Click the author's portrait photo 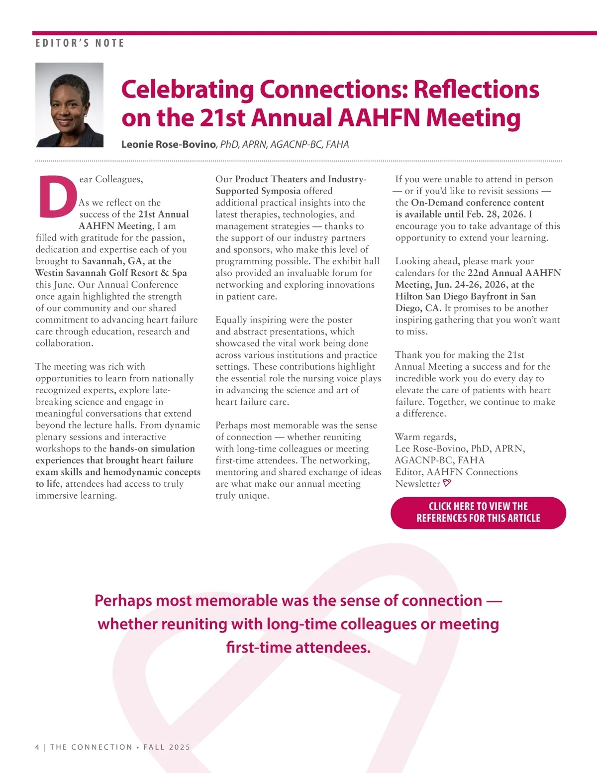pos(70,105)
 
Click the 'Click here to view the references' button pos(478,513)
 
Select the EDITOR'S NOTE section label pos(80,43)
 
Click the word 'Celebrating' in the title pos(188,90)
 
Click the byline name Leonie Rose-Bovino pos(169,145)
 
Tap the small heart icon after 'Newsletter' pos(447,483)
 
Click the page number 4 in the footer pos(38,747)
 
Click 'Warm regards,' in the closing pos(425,437)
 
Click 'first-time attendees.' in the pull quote pos(298,648)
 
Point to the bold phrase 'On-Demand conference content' pos(478,203)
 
